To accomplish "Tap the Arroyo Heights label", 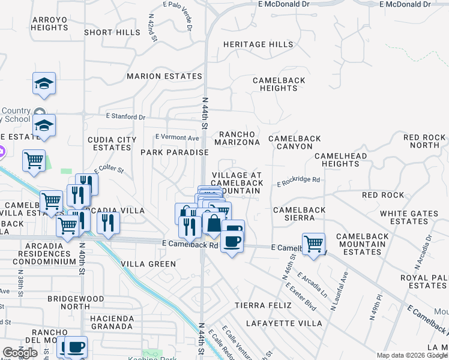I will coord(50,23).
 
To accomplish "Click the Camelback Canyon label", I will coord(295,142).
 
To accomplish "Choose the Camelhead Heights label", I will coord(340,160).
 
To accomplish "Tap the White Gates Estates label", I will coord(409,217).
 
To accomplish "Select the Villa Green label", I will coord(149,264).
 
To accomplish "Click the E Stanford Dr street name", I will coord(125,116).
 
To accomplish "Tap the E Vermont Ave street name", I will coord(177,137).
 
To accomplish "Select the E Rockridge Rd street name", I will coord(298,179).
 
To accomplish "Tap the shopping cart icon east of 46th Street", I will coord(313,244).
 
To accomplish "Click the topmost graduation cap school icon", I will coord(44,83).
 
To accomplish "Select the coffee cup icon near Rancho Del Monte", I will coord(76,347).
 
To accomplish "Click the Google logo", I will coord(20,353).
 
